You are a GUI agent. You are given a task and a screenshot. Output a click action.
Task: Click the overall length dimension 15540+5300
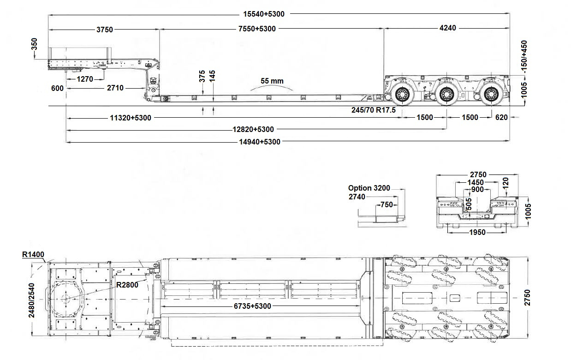264,14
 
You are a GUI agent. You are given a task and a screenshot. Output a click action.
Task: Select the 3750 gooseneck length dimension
104,30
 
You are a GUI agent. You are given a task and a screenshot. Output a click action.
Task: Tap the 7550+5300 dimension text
257,29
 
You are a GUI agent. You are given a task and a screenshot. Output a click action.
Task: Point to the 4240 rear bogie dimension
447,28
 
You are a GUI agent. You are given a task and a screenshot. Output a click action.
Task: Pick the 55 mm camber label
272,81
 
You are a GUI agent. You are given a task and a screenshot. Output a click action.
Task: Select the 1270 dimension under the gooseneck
85,79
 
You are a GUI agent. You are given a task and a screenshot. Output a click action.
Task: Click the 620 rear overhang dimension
501,117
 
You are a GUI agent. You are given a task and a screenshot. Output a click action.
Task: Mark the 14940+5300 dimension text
259,142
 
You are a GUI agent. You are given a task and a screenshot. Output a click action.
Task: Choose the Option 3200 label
369,188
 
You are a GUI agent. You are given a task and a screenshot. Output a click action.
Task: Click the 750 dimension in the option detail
387,205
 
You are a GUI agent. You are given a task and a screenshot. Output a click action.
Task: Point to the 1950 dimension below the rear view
477,232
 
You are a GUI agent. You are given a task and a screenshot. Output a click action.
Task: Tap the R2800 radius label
127,285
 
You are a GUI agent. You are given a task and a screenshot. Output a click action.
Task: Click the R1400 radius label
33,254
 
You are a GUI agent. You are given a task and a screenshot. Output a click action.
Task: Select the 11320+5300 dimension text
131,118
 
